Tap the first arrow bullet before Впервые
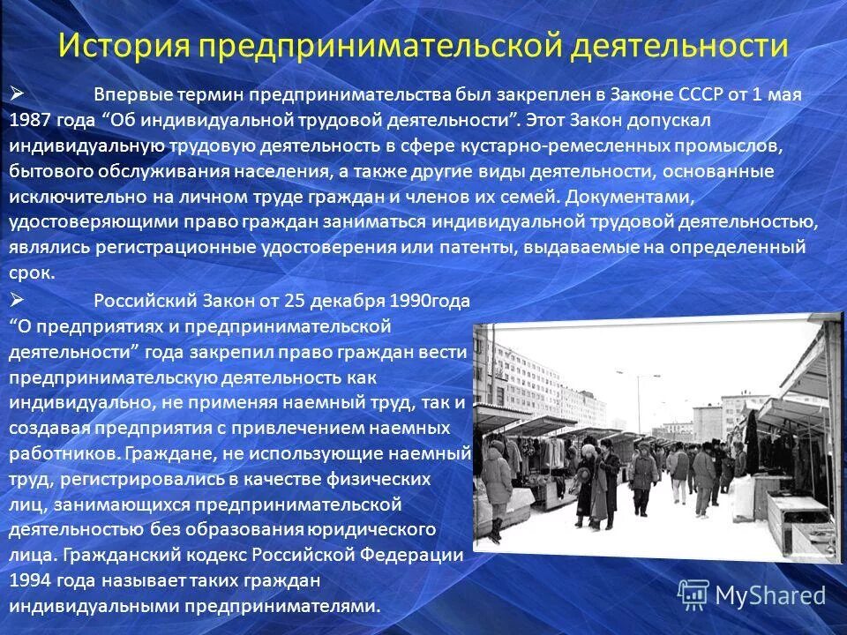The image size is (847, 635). tap(19, 92)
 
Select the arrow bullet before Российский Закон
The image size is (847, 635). tap(19, 300)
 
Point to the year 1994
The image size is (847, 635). tap(31, 582)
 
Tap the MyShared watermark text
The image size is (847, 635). tap(769, 594)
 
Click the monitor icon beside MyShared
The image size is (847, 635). tap(693, 594)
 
